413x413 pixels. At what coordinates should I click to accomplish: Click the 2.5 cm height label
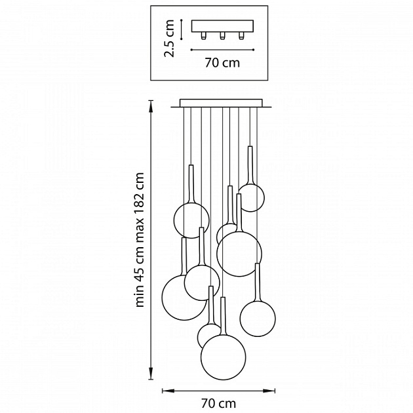pos(169,38)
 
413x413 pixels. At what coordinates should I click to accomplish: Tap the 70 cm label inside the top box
pos(223,63)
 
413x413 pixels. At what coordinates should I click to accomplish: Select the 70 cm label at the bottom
pos(218,403)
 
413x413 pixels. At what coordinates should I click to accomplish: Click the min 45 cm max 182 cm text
pos(140,240)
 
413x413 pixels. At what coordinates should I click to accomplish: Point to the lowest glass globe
pos(224,357)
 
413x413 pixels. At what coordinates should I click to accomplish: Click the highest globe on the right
pos(251,197)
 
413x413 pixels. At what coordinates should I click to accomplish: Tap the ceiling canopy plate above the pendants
pos(222,103)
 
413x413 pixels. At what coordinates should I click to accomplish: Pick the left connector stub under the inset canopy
pos(204,35)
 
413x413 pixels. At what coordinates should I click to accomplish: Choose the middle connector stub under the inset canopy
pos(223,35)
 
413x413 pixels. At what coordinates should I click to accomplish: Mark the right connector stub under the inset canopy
pos(241,35)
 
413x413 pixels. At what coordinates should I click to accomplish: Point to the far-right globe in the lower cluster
pos(258,319)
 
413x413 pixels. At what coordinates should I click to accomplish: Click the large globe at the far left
pos(184,298)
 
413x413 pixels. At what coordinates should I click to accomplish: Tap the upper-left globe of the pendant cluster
pos(191,220)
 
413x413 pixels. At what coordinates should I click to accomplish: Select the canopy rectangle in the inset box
pos(222,26)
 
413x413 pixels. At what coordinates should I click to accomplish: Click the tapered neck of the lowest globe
pos(224,317)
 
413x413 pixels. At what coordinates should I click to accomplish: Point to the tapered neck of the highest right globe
pos(250,166)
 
